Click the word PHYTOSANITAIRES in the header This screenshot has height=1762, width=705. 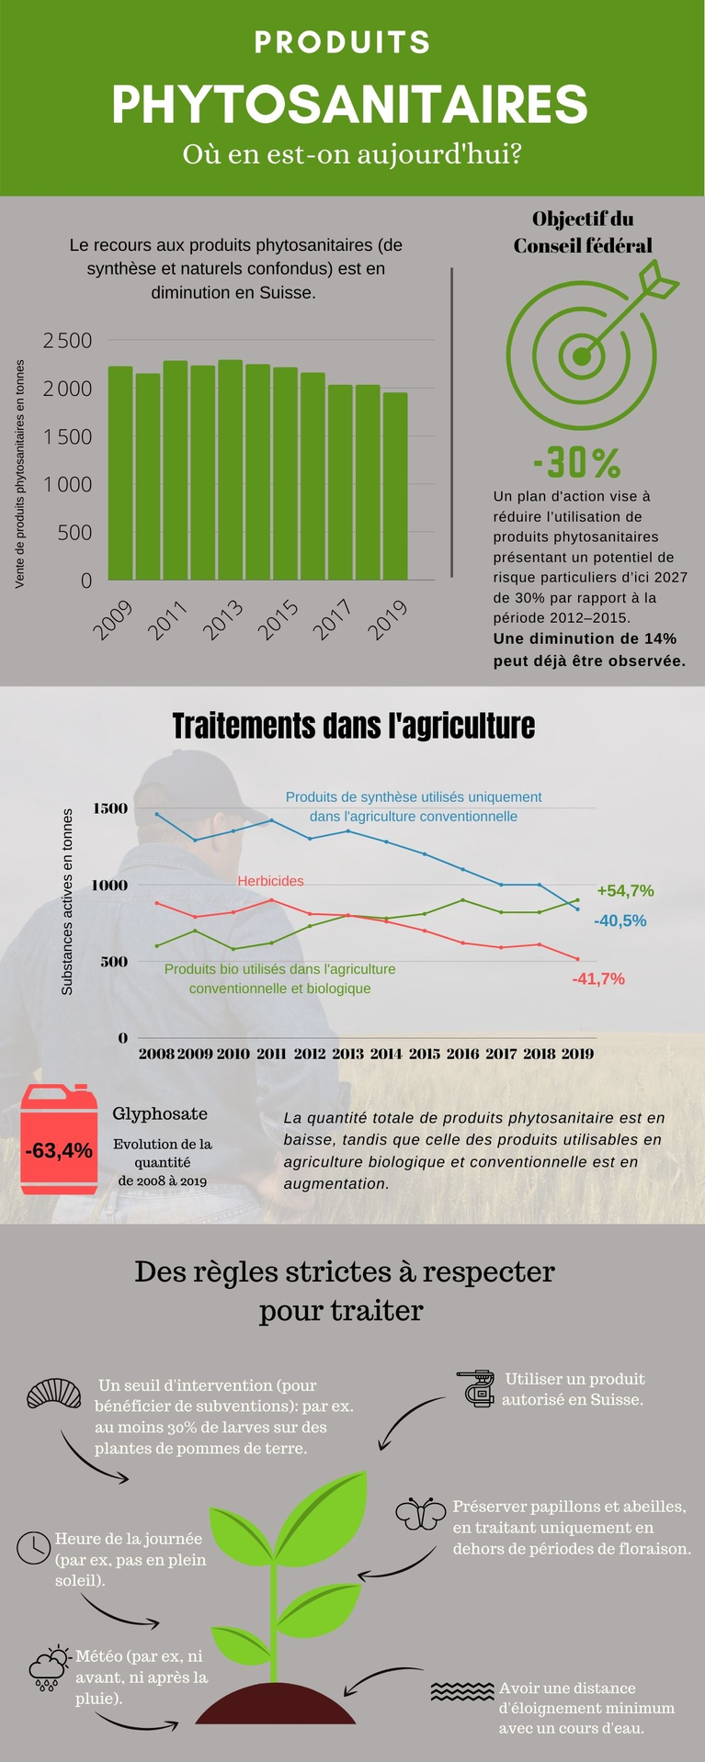pyautogui.click(x=349, y=105)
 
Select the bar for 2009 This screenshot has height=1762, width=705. pyautogui.click(x=120, y=473)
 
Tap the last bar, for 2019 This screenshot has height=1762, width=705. pyautogui.click(x=395, y=487)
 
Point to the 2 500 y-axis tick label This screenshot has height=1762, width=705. pyautogui.click(x=68, y=341)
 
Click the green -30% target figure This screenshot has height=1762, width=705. pyautogui.click(x=576, y=462)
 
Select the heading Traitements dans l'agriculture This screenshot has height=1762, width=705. pyautogui.click(x=353, y=726)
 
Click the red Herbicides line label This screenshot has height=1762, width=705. pyautogui.click(x=270, y=881)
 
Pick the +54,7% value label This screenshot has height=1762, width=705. pyautogui.click(x=625, y=890)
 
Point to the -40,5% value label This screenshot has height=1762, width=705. pyautogui.click(x=620, y=921)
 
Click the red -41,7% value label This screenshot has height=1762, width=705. pyautogui.click(x=598, y=979)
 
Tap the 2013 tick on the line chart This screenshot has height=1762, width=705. pyautogui.click(x=347, y=1054)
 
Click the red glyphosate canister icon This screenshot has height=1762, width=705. pyautogui.click(x=59, y=1139)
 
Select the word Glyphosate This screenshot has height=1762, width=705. pyautogui.click(x=160, y=1114)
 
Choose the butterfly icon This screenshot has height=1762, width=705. pyautogui.click(x=421, y=1514)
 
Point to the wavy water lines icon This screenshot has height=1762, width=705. pyautogui.click(x=461, y=1691)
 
